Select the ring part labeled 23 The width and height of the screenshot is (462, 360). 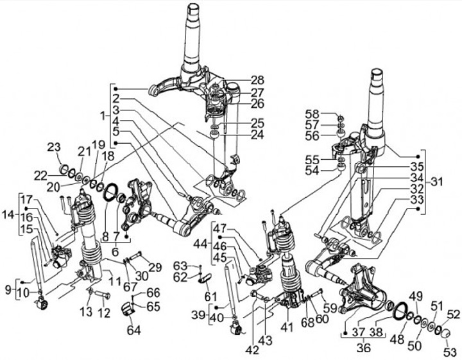click(x=65, y=170)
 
